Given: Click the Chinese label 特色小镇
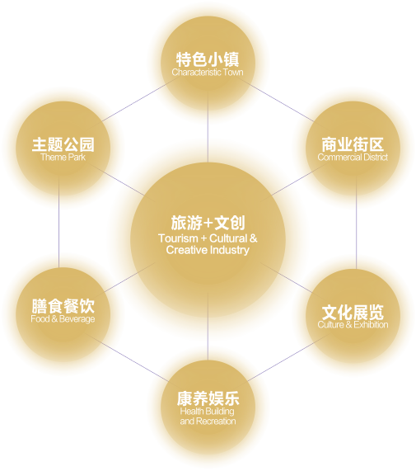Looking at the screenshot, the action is pos(208,59).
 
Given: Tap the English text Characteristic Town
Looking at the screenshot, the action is pos(208,73).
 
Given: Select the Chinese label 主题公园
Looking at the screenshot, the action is pos(63,144).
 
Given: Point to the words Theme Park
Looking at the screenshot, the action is pos(63,157).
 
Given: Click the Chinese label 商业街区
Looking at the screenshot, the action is pos(353,144).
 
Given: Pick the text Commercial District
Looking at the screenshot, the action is pos(353,157).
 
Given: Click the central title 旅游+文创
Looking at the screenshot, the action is pos(208,223).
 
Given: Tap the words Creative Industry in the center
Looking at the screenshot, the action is pos(208,250).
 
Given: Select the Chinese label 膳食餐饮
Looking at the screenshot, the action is pos(63,306).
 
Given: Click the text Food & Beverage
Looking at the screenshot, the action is pos(63,318).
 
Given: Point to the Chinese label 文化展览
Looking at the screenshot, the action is pos(353,313).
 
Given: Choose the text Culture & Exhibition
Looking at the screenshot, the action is pos(353,325).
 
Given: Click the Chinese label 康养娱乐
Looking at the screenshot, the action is pos(208,399).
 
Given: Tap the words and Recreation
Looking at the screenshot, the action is pos(208,422).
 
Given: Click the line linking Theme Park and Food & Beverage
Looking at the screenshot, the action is pos(58,222).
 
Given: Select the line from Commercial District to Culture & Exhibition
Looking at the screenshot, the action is pos(357,223).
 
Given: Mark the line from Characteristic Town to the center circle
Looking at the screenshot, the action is pos(208,127).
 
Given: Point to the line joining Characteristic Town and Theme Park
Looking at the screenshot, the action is pos(136,101).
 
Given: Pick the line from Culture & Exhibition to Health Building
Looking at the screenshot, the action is pos(288,357).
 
